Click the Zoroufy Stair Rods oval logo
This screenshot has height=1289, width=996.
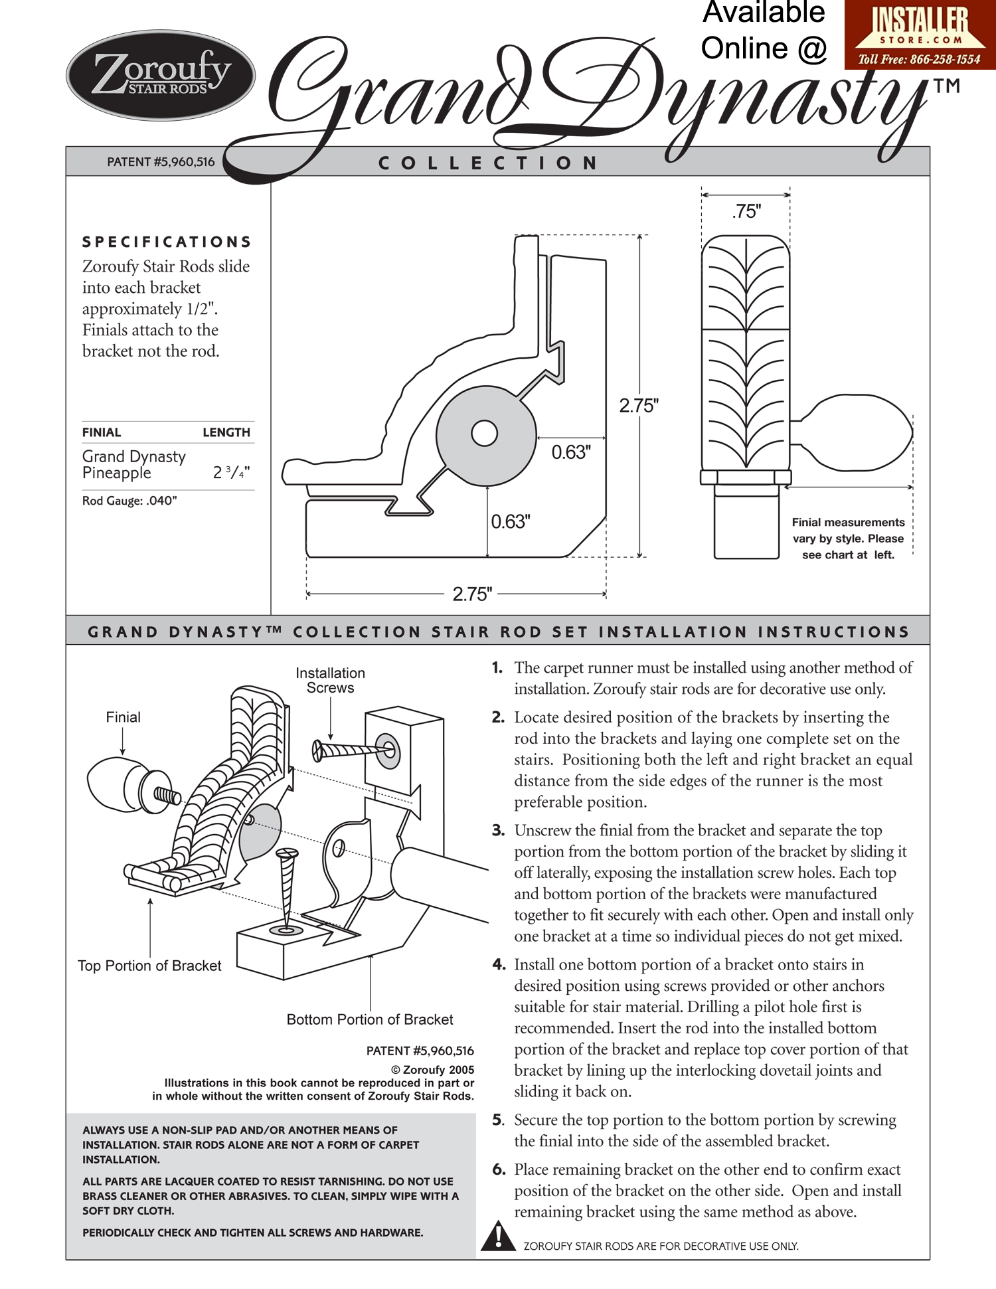(161, 75)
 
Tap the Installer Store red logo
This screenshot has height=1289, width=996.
(920, 35)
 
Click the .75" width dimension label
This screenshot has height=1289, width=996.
(746, 211)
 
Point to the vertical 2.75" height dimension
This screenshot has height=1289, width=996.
(639, 405)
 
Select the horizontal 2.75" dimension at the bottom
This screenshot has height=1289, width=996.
(472, 594)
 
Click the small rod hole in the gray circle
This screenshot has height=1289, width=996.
(484, 434)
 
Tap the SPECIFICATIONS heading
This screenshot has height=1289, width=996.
(167, 242)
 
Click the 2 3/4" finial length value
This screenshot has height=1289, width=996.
(231, 472)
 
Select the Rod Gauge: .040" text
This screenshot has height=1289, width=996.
(129, 501)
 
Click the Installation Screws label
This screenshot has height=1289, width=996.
(330, 680)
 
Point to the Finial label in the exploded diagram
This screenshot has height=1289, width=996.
(124, 717)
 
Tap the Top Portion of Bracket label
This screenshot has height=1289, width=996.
(149, 966)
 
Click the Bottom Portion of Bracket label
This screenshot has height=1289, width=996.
(370, 1019)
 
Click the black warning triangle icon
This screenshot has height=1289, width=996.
(497, 1236)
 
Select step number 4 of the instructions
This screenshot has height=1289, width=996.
(499, 964)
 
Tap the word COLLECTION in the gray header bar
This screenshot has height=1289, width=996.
(489, 163)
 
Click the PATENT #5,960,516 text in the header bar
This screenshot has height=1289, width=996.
(161, 162)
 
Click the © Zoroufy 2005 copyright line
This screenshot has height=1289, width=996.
(432, 1069)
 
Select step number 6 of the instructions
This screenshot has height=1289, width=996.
(499, 1169)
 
